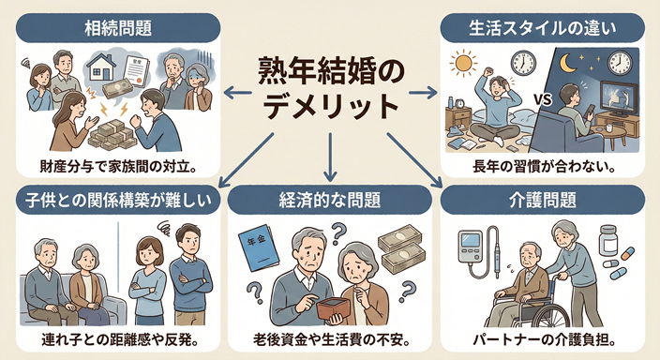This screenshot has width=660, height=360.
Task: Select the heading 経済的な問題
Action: (x=330, y=200)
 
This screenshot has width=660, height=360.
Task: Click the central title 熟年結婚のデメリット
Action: (x=331, y=89)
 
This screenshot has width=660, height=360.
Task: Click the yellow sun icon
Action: (x=463, y=66)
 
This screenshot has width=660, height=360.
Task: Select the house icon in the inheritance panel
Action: (x=104, y=66)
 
